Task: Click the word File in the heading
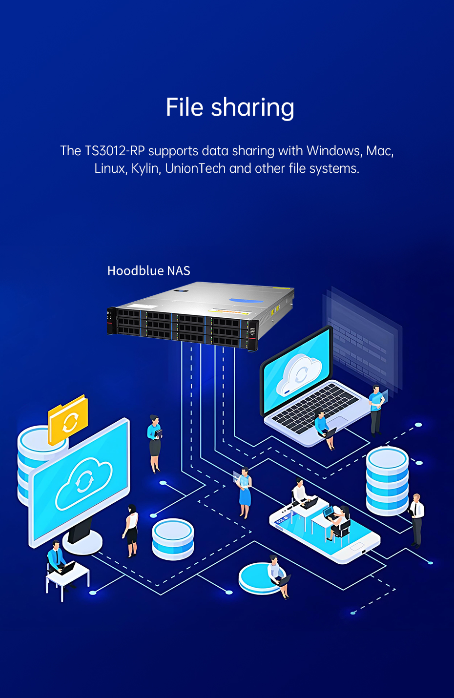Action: (185, 107)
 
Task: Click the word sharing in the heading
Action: (253, 108)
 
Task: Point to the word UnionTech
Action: (195, 168)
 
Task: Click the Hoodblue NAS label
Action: (148, 270)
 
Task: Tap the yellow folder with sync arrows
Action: (68, 419)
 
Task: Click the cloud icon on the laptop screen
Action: (298, 375)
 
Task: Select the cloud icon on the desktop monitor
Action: (83, 483)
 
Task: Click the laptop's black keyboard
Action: (315, 408)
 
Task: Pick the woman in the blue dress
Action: (244, 493)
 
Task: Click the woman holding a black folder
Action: (155, 444)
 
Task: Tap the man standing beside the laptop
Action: (376, 411)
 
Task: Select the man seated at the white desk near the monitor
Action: (57, 558)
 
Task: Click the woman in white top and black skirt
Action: (131, 531)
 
